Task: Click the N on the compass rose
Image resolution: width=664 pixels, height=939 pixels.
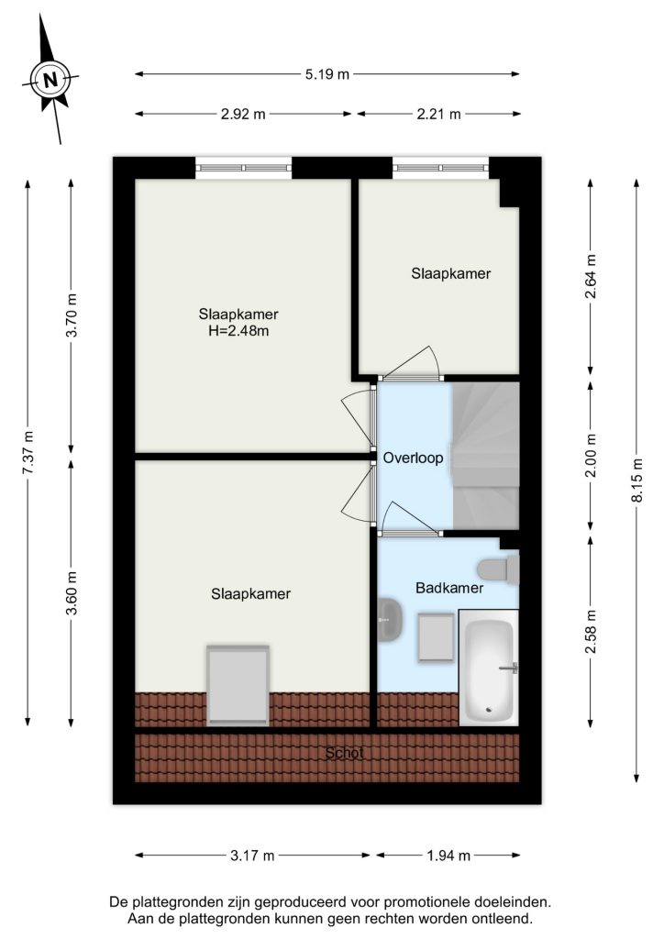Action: point(50,80)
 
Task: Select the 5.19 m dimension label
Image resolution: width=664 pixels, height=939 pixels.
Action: point(326,74)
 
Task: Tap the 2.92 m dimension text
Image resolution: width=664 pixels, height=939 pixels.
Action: point(243,114)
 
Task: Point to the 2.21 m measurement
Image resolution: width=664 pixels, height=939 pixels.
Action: point(439,114)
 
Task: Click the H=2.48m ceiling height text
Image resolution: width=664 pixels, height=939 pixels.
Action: point(238,330)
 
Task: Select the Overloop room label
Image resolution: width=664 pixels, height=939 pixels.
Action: point(413,458)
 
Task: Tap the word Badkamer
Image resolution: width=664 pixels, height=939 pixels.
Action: point(449,588)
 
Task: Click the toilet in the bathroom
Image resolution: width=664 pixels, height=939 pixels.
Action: point(498,569)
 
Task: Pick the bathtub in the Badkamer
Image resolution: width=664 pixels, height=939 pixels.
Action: point(489,668)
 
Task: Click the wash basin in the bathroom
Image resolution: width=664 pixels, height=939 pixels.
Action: point(390,619)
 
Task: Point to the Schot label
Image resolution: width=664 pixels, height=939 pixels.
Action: point(344,753)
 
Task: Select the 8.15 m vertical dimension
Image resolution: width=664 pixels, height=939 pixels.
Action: point(637,481)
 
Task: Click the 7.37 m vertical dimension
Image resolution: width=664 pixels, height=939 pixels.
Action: point(28,453)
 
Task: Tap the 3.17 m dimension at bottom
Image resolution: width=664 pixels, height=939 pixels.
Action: point(252,856)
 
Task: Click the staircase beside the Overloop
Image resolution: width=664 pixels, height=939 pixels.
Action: point(485,456)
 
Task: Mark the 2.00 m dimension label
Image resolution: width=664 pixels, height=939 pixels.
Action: point(591,456)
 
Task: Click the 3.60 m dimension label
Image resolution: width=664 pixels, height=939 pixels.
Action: point(72,593)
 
